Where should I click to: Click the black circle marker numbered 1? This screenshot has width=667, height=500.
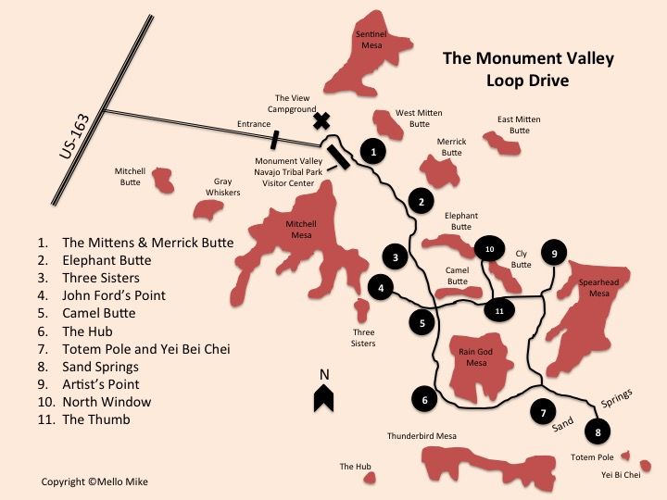[372, 150]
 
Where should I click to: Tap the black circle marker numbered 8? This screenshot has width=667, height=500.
[599, 431]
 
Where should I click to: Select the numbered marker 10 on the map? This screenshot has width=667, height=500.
[489, 248]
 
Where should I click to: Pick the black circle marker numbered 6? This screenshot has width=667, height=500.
[424, 400]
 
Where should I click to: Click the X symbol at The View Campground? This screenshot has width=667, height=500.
[321, 120]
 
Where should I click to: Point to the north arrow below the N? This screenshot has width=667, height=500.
[323, 397]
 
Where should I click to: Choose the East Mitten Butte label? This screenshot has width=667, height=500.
[519, 125]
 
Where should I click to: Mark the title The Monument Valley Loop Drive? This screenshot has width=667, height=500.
[528, 69]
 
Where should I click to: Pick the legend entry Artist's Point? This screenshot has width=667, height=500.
[101, 384]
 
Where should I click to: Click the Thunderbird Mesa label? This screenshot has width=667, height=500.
[422, 435]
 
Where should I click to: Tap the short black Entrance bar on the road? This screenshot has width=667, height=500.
[274, 140]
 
